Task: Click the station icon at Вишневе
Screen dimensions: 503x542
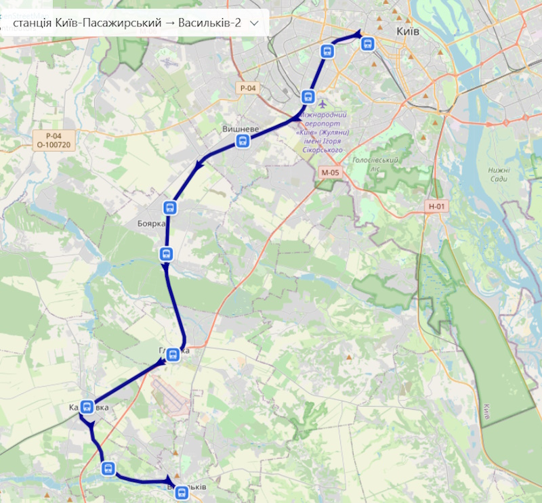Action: [243, 141]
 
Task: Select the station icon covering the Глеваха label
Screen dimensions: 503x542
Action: [173, 353]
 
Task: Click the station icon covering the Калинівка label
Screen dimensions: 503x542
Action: [87, 407]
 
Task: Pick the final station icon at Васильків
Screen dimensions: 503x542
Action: [181, 493]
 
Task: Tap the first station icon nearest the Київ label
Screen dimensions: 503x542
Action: [367, 44]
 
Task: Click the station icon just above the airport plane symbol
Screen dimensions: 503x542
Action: [308, 96]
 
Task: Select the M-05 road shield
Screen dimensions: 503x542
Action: [330, 173]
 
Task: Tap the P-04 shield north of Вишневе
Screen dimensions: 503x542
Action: [248, 88]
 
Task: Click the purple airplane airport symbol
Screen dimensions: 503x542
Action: [322, 105]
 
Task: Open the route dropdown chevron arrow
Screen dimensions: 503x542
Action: [254, 22]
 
